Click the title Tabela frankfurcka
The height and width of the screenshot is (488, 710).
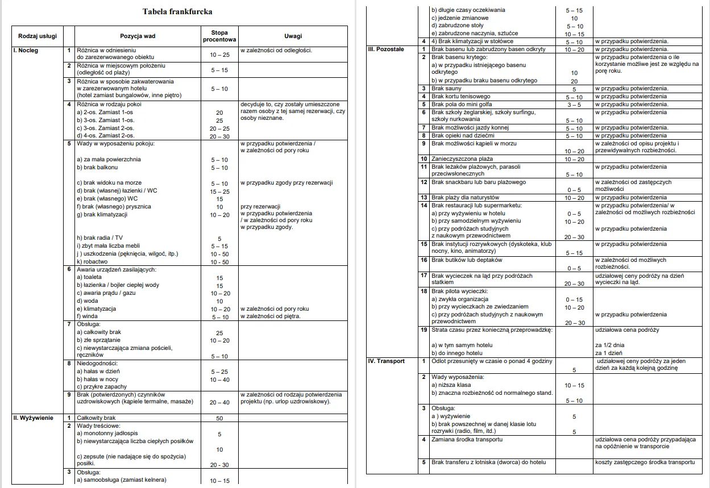178,11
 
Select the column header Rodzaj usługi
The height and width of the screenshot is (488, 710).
38,36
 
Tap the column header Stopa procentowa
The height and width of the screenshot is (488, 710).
219,36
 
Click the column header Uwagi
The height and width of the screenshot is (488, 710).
293,36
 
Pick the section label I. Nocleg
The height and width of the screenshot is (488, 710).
26,51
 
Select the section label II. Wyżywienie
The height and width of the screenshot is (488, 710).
33,418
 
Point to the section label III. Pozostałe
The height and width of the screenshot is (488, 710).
386,49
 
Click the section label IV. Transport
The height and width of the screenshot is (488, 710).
387,361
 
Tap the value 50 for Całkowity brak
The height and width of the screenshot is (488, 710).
219,418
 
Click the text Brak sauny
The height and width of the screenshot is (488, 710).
446,89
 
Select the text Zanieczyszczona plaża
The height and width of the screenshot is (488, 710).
462,159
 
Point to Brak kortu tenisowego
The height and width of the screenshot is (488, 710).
460,97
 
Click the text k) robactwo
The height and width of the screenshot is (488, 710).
92,262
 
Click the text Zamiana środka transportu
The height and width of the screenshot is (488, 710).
467,439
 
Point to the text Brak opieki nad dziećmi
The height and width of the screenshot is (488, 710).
463,136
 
